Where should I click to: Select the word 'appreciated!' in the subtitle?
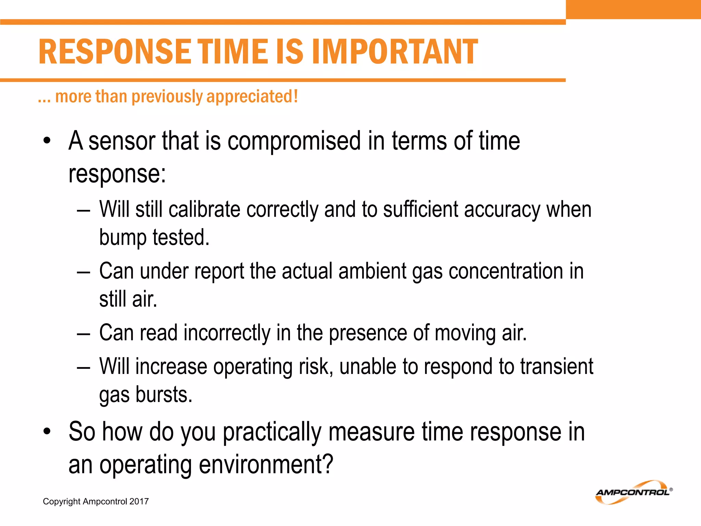(252, 97)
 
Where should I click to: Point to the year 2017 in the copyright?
(139, 501)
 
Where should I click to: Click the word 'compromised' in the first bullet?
(294, 141)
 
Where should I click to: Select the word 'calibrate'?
(204, 210)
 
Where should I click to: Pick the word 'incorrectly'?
(227, 333)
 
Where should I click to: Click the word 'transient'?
(557, 366)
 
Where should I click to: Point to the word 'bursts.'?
(164, 394)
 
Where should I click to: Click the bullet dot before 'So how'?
(47, 431)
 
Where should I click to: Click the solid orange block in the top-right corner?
(633, 9)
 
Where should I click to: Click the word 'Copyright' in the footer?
(61, 501)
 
